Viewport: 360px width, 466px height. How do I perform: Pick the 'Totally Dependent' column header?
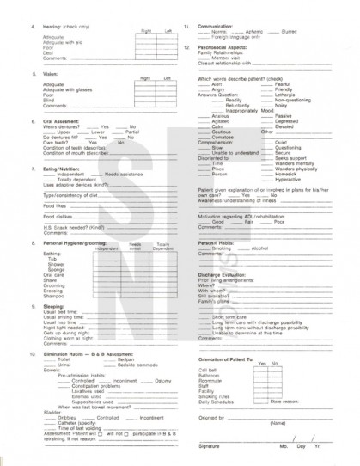click(x=162, y=247)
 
